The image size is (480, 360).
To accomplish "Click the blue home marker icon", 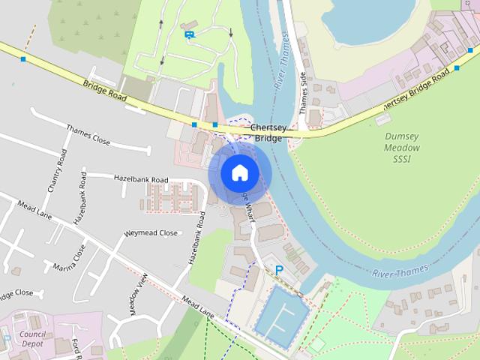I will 239,173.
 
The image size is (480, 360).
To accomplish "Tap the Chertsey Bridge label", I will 268,133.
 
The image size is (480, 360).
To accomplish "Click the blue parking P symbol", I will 280,270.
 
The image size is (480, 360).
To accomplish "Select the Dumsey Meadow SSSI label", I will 402,148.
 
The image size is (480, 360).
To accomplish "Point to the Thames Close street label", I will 88,134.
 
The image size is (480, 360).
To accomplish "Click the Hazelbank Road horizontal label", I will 141,180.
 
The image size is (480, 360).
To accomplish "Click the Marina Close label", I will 70,259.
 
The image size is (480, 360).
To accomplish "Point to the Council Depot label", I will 32,338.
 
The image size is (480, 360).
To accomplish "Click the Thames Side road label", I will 304,93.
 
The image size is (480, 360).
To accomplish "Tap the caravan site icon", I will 190,34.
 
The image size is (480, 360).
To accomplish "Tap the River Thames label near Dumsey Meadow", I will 400,271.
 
